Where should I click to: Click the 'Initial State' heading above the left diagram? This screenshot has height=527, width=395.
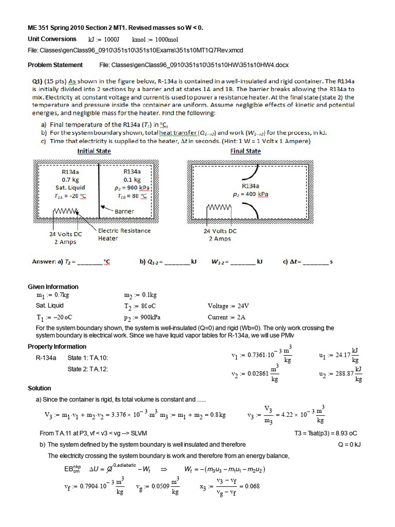tap(94, 151)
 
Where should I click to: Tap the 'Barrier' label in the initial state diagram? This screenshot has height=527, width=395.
tap(124, 211)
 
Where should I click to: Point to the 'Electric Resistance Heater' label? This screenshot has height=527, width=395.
tap(124, 234)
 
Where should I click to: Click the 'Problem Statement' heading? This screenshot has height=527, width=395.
tap(55, 65)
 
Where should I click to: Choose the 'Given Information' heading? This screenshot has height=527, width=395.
tap(53, 287)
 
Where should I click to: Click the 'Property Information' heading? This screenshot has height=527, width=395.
tap(57, 346)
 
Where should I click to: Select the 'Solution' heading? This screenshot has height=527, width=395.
tap(39, 388)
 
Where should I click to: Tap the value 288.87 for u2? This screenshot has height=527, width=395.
tap(340, 374)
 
